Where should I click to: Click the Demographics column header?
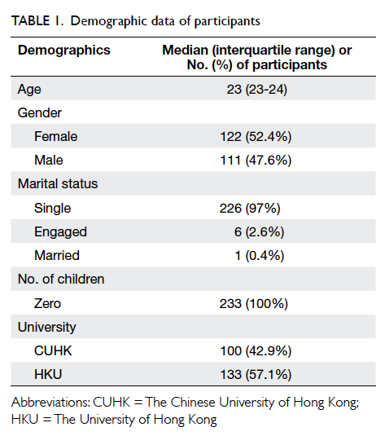pyautogui.click(x=64, y=51)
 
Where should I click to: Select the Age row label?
pyautogui.click(x=29, y=90)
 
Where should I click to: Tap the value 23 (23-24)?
pyautogui.click(x=256, y=90)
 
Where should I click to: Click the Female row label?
pyautogui.click(x=56, y=137)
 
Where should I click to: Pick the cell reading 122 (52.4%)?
pyautogui.click(x=256, y=137)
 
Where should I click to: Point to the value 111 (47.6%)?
pyautogui.click(x=256, y=161)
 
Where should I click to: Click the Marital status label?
pyautogui.click(x=58, y=184)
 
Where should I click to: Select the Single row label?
pyautogui.click(x=52, y=209)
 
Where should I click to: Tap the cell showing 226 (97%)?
pyautogui.click(x=250, y=209)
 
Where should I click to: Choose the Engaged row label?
pyautogui.click(x=60, y=232)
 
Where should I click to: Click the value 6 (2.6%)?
pyautogui.click(x=259, y=232)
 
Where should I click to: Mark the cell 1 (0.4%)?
pyautogui.click(x=260, y=256)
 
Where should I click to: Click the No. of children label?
pyautogui.click(x=61, y=280)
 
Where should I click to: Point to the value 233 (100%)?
pyautogui.click(x=254, y=303)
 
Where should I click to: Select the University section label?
pyautogui.click(x=46, y=328)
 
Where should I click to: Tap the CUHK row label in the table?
pyautogui.click(x=53, y=351)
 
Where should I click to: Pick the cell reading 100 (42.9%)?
pyautogui.click(x=256, y=351)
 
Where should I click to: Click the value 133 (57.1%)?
pyautogui.click(x=256, y=375)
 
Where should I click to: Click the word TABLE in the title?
pyautogui.click(x=30, y=21)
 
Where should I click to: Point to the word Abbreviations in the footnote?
pyautogui.click(x=50, y=403)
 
